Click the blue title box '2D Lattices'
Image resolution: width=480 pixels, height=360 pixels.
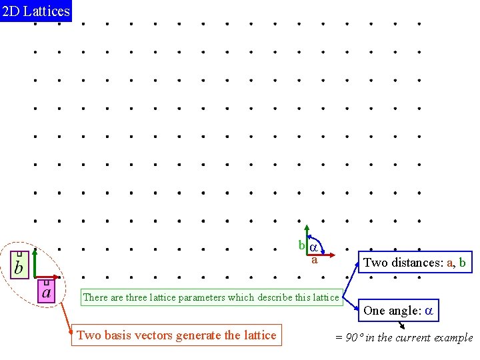(35, 11)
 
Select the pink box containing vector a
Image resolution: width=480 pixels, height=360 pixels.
(46, 291)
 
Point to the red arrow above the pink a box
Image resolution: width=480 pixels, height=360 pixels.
(47, 276)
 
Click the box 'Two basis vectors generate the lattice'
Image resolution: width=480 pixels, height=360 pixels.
(177, 335)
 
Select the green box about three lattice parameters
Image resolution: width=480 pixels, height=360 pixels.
(211, 297)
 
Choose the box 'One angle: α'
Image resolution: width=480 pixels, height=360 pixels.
(399, 310)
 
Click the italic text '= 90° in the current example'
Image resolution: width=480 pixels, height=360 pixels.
(404, 337)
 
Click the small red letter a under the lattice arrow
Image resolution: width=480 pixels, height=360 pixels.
(315, 260)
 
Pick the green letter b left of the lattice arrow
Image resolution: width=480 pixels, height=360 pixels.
(301, 245)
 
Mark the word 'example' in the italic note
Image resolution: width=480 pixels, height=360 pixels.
(453, 337)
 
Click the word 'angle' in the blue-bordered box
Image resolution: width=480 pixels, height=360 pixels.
(405, 310)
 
